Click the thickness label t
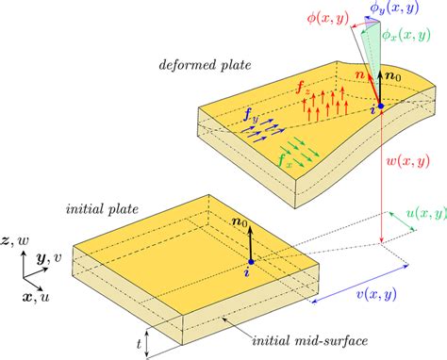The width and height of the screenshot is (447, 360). [139, 345]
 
